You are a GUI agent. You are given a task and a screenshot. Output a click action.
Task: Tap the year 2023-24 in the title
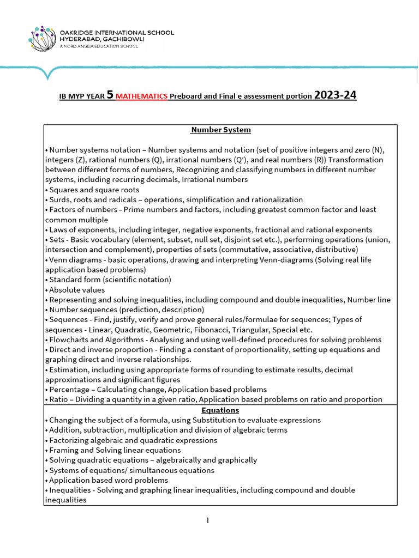[x=336, y=95]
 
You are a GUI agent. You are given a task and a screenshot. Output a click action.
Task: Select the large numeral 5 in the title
[x=110, y=95]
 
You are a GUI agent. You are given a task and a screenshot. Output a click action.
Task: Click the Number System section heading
[x=220, y=130]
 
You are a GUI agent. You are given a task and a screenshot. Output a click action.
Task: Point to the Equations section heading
[x=220, y=410]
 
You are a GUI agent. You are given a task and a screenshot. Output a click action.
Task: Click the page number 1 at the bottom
[x=208, y=520]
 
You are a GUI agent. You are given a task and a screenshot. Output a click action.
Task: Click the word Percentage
[x=68, y=390]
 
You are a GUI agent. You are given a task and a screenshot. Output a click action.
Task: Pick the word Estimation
[x=68, y=369]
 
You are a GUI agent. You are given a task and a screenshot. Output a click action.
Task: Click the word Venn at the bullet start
[x=58, y=259]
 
